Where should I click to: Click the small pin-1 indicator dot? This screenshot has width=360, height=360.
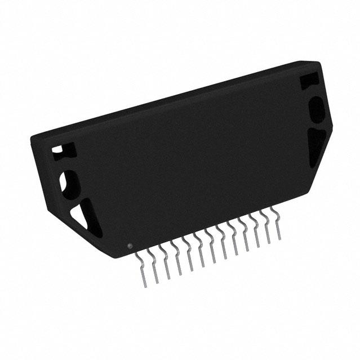click(130, 246)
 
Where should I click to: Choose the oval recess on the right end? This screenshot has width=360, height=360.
click(316, 108)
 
